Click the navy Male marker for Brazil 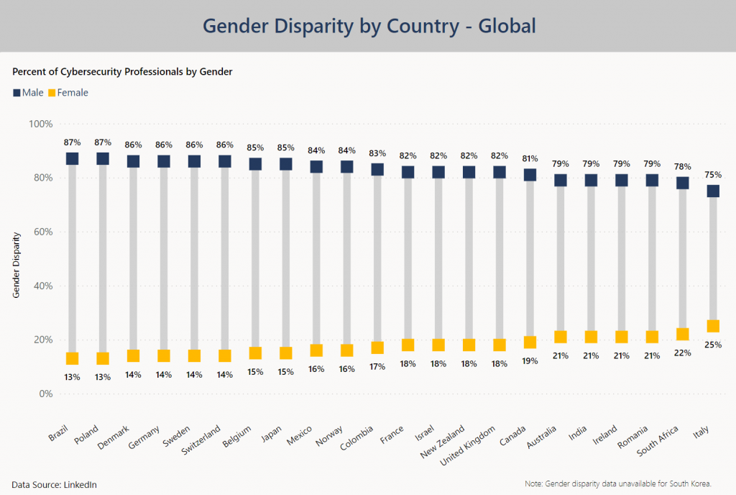[x=72, y=158]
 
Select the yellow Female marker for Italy [x=713, y=326]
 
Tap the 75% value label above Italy [x=713, y=175]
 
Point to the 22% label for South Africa [x=683, y=353]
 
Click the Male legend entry [x=28, y=92]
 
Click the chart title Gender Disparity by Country [x=369, y=26]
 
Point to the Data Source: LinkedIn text [x=54, y=484]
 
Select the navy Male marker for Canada [x=530, y=175]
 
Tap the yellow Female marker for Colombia [x=377, y=348]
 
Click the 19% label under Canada [x=530, y=361]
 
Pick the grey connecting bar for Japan [x=286, y=259]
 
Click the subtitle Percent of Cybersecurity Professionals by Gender [x=122, y=72]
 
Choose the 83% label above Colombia [x=377, y=153]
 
